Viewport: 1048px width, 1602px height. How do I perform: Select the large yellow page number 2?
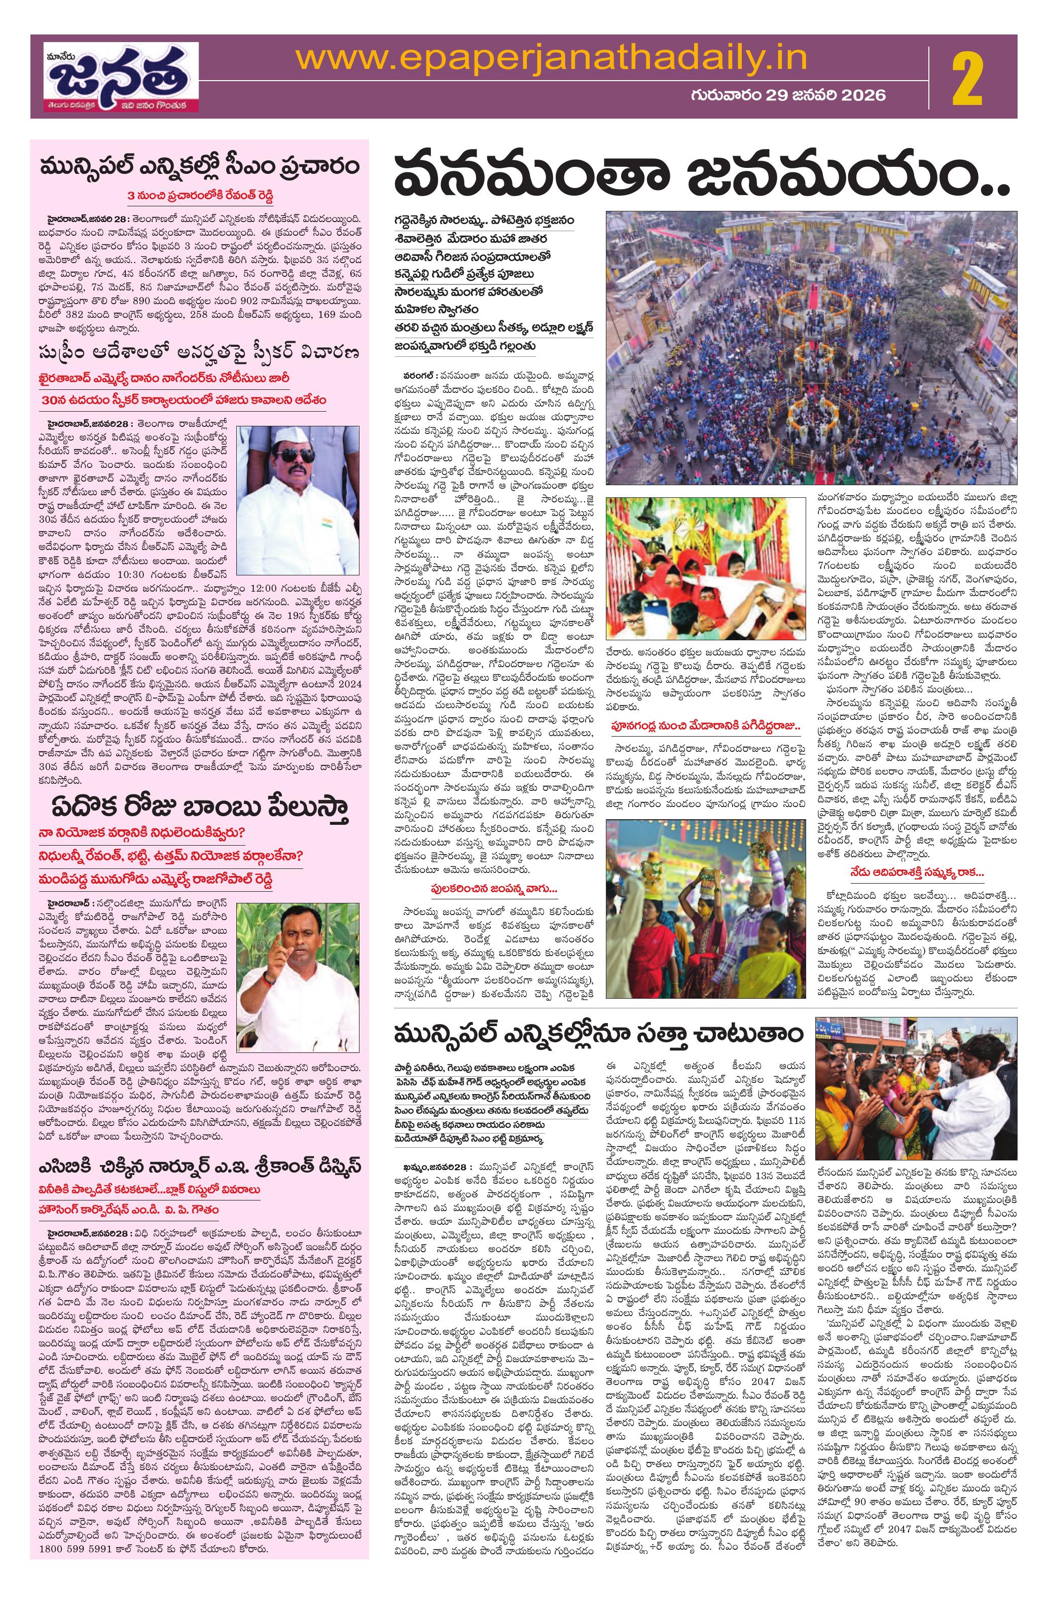[966, 80]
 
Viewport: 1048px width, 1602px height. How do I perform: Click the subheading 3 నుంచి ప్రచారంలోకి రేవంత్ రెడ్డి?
[199, 195]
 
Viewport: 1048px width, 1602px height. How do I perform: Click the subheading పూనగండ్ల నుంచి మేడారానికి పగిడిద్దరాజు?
[705, 726]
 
